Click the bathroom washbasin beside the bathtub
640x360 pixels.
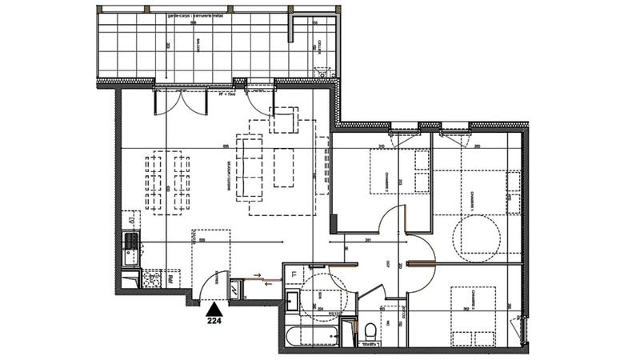point(293,302)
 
